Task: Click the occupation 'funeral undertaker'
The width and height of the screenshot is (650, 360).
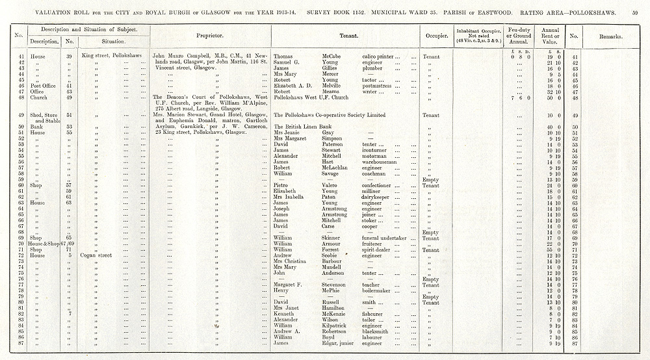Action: pyautogui.click(x=385, y=238)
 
